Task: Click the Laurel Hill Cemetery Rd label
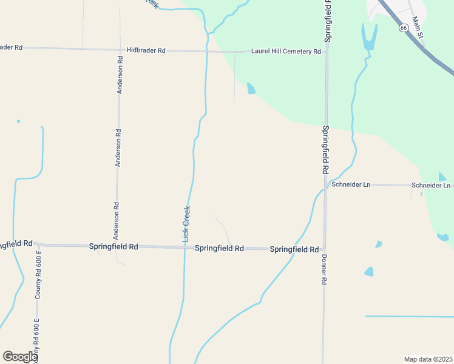click(286, 52)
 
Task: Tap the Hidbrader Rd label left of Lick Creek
click(146, 50)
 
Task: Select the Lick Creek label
click(187, 224)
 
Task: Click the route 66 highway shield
click(404, 28)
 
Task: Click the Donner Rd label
click(324, 269)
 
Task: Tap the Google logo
click(20, 356)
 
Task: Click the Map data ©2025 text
click(428, 359)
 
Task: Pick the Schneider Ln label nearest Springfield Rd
click(351, 184)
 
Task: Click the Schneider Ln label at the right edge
click(432, 185)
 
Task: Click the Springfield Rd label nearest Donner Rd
click(294, 249)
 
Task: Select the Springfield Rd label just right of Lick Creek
click(219, 249)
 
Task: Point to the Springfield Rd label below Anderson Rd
click(113, 247)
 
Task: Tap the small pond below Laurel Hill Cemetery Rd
click(251, 89)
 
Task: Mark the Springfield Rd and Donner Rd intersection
click(324, 249)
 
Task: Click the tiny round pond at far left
click(18, 121)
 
